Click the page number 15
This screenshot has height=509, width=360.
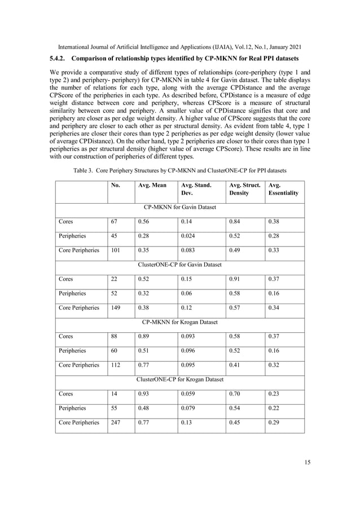[307, 462]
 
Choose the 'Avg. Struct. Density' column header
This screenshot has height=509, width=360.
[242, 189]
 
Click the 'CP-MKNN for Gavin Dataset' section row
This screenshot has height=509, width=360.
[179, 207]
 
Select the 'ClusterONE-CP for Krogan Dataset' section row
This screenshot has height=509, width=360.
[179, 379]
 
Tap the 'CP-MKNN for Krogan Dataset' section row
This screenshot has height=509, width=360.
[179, 322]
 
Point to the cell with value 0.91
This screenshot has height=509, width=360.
[234, 279]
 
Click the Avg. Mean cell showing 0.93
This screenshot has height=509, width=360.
[144, 393]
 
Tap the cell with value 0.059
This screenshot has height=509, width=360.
[188, 393]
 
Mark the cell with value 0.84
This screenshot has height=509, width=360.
[234, 222]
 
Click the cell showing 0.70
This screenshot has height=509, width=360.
[234, 393]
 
